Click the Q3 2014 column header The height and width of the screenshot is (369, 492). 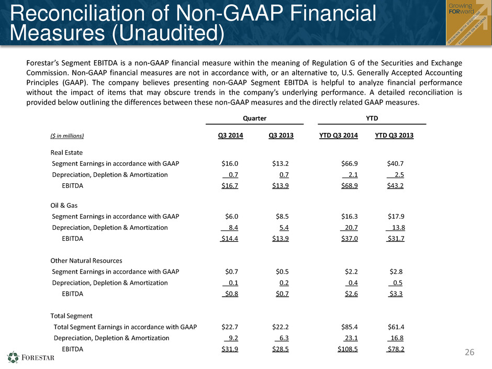click(x=231, y=135)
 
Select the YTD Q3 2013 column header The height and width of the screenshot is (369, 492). click(x=394, y=135)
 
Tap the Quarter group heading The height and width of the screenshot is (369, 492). click(x=254, y=118)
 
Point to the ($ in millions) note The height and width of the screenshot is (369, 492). click(x=67, y=136)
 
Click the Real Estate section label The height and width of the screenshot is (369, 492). click(x=66, y=152)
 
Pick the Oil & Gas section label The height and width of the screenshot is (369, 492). click(x=64, y=205)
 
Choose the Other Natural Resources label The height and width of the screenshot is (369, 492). click(x=86, y=261)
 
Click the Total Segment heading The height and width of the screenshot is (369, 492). click(x=72, y=316)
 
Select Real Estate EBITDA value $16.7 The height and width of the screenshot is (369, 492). click(x=230, y=186)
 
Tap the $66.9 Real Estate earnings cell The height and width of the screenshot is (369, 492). click(x=350, y=163)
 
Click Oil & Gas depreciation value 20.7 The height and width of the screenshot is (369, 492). click(x=351, y=228)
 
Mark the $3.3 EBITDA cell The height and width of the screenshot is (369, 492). click(x=396, y=294)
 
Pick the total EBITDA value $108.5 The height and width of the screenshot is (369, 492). click(x=348, y=349)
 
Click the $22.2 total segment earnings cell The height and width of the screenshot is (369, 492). click(x=281, y=327)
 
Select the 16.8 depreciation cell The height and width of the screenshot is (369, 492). click(x=397, y=338)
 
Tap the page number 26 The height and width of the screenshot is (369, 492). click(x=469, y=352)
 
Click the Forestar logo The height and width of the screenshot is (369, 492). click(x=31, y=357)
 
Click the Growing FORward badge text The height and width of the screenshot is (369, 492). click(x=461, y=8)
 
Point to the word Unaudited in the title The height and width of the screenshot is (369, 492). click(x=168, y=33)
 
